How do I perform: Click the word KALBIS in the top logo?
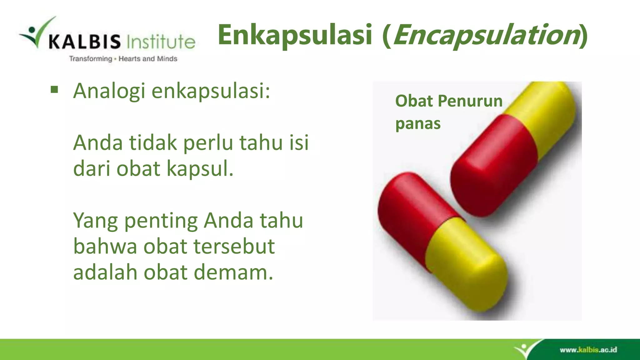[84, 42]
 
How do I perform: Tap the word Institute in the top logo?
[161, 42]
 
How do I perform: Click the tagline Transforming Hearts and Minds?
[123, 59]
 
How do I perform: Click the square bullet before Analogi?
[54, 90]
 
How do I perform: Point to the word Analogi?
[109, 91]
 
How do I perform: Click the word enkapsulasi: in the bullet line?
[211, 91]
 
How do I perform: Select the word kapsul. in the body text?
[200, 169]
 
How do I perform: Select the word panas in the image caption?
[418, 123]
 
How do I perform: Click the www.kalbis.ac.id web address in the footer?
[588, 350]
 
